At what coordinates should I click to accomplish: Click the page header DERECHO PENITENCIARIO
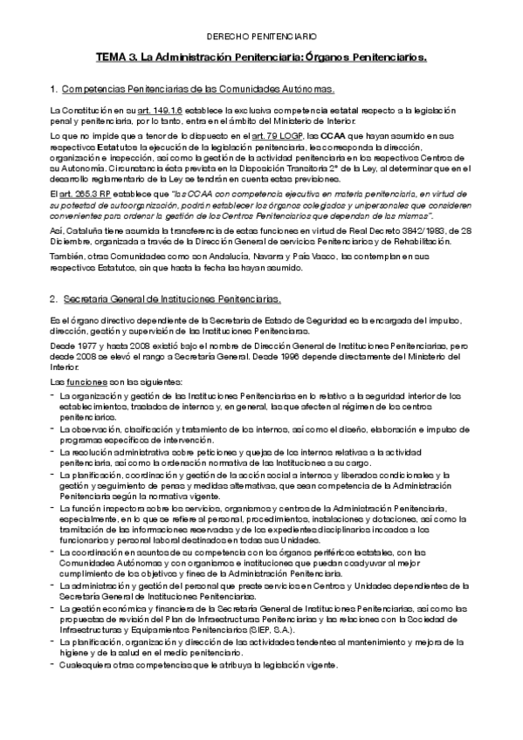click(x=261, y=38)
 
